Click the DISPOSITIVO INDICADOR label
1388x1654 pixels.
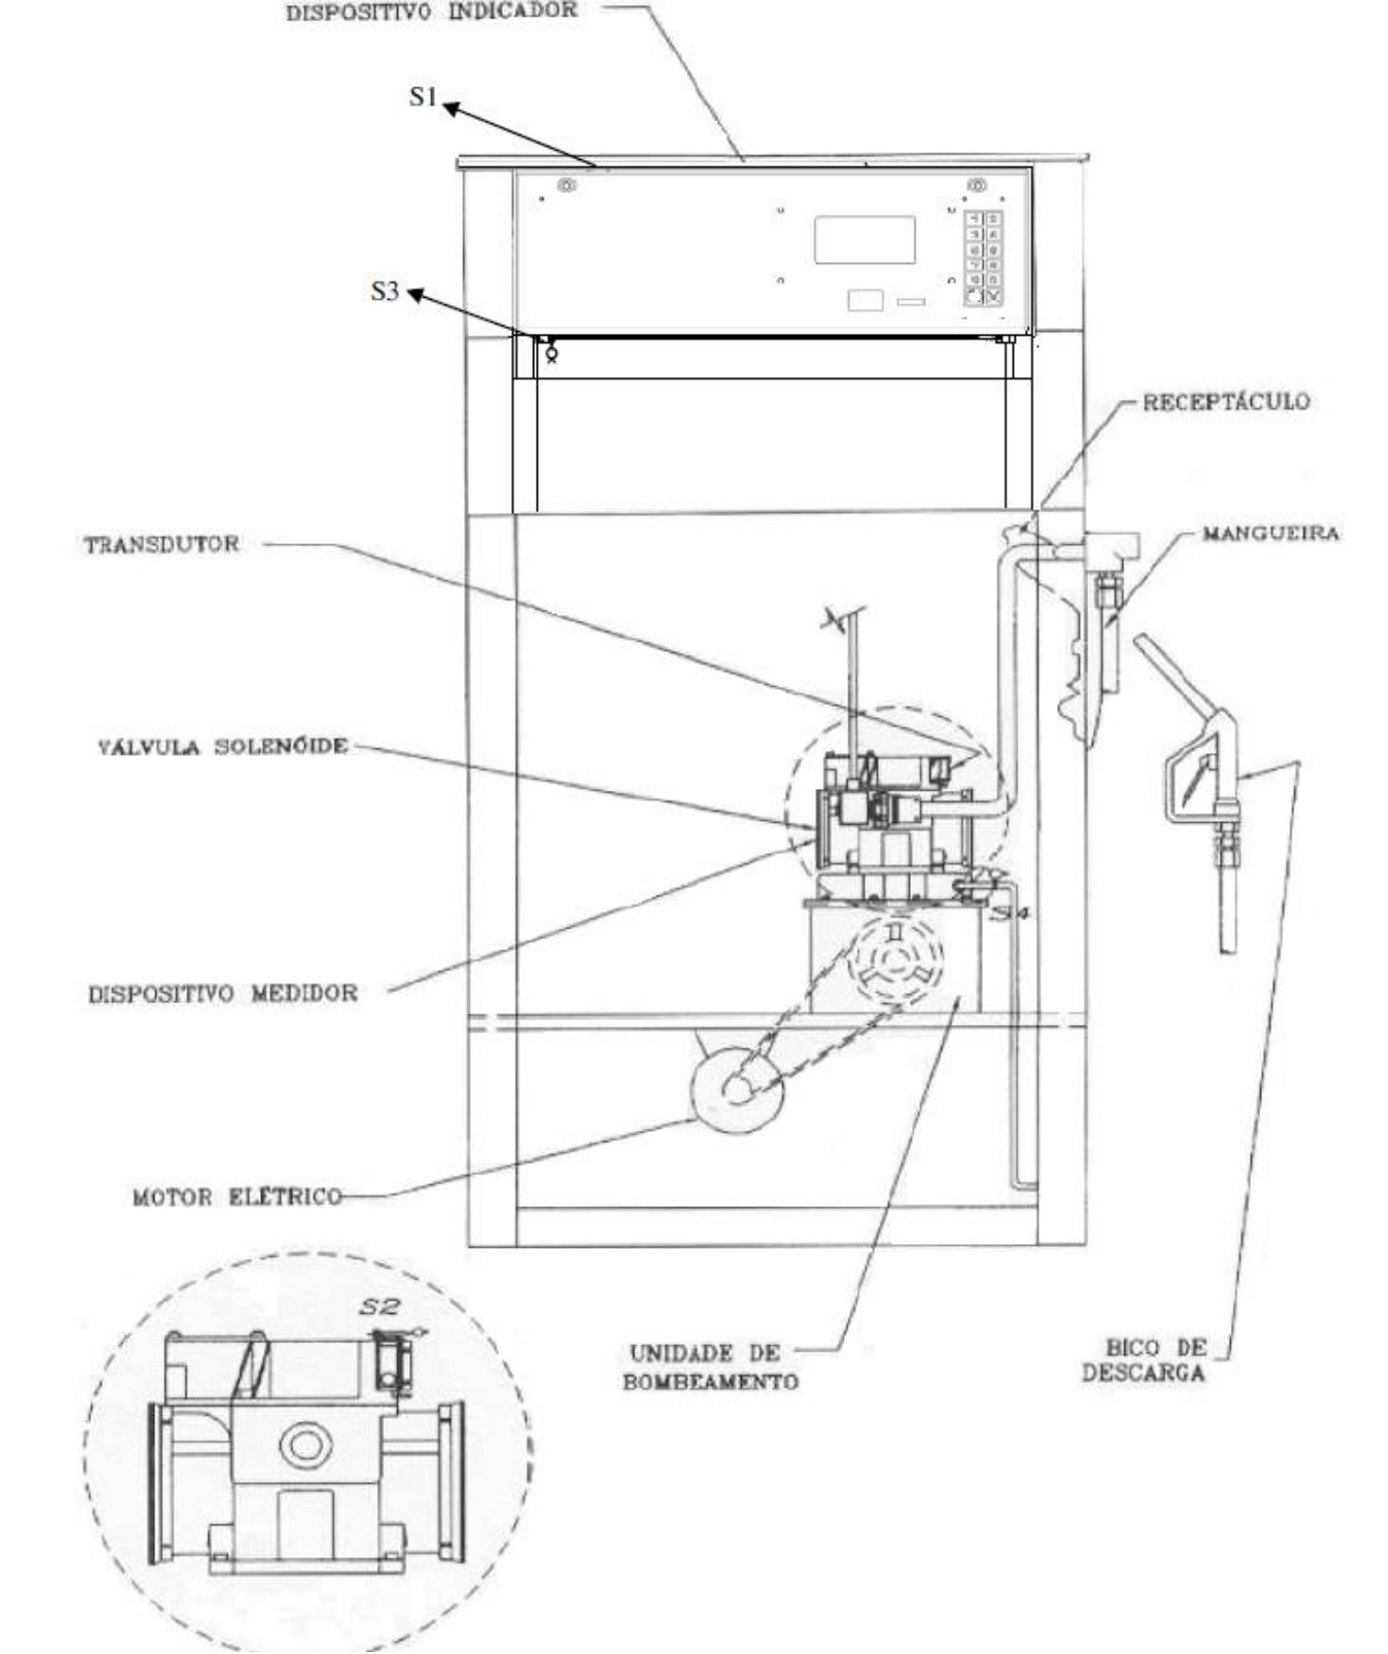click(x=431, y=13)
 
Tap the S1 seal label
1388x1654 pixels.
click(x=423, y=97)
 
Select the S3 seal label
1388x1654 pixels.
click(x=385, y=291)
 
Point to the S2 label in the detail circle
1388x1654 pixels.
click(x=379, y=1305)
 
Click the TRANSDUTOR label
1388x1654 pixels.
click(x=162, y=544)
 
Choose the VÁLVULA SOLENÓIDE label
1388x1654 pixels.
click(x=223, y=746)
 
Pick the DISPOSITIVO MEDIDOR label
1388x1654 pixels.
click(x=222, y=994)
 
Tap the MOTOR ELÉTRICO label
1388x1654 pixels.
click(x=237, y=1197)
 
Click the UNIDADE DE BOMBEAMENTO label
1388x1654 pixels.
click(x=710, y=1367)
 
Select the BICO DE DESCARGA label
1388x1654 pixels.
click(x=1144, y=1361)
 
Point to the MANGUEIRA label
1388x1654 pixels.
click(x=1271, y=533)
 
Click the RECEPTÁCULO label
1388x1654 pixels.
click(x=1226, y=402)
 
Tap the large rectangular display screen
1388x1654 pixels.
click(x=864, y=240)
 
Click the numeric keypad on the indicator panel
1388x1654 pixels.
click(x=983, y=257)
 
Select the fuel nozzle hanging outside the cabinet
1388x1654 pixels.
click(x=1195, y=791)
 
